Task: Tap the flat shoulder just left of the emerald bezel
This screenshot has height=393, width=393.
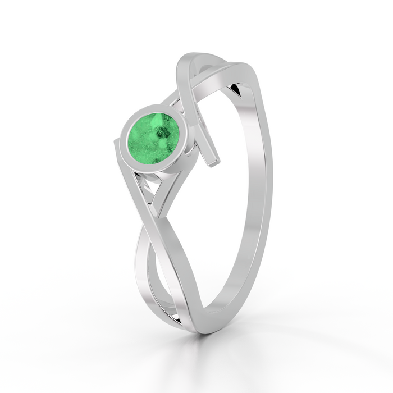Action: click(x=119, y=152)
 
